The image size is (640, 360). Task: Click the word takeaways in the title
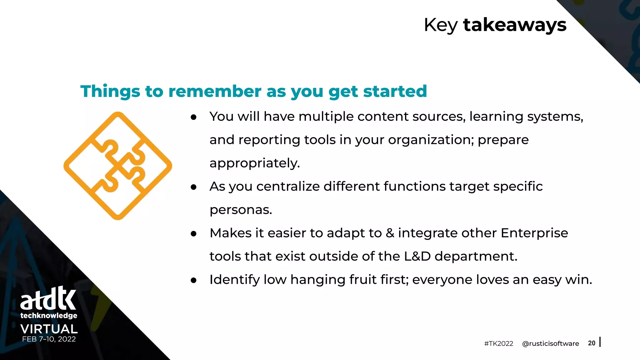click(514, 25)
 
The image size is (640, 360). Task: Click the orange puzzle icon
click(118, 166)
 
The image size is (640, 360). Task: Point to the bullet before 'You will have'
click(193, 117)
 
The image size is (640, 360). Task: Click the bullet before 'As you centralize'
click(193, 187)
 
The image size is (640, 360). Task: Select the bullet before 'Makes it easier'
click(193, 234)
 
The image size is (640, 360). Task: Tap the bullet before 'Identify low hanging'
click(193, 280)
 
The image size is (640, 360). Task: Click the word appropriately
click(254, 163)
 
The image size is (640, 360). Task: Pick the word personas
click(241, 210)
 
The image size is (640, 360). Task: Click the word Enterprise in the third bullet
click(534, 233)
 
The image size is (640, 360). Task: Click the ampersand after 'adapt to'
click(390, 233)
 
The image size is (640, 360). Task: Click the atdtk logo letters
click(48, 298)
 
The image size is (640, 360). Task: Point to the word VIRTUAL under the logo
click(49, 329)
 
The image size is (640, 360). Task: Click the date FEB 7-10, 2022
click(49, 339)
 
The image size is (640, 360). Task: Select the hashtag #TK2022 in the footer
click(498, 344)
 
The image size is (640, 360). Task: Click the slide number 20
click(591, 343)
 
